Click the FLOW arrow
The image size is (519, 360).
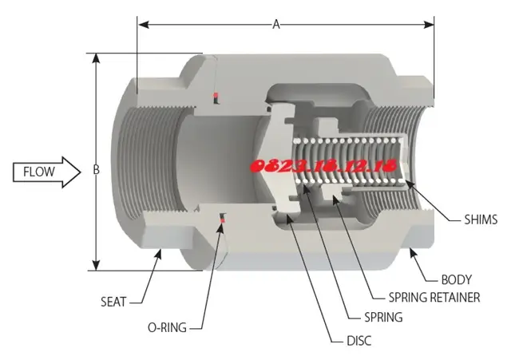point(46,172)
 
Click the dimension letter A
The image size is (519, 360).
point(276,25)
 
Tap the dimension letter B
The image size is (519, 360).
point(96,169)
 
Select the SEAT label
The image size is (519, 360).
point(113,302)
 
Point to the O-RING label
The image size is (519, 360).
point(167,327)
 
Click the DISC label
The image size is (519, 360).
point(359,341)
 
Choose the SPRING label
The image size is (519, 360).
point(383,317)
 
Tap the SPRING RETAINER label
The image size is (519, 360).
point(434,298)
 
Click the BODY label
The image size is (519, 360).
point(456,280)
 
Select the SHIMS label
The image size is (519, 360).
point(481,220)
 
